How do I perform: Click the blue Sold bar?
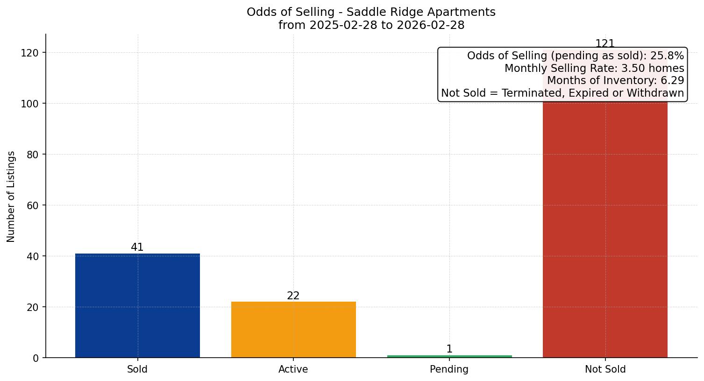pyautogui.click(x=137, y=306)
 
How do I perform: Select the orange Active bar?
pyautogui.click(x=293, y=330)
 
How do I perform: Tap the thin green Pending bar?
pyautogui.click(x=449, y=356)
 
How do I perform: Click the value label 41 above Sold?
pyautogui.click(x=137, y=247)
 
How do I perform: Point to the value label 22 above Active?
pyautogui.click(x=293, y=296)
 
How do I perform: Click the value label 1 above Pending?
pyautogui.click(x=449, y=349)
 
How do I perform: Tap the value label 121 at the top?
pyautogui.click(x=605, y=44)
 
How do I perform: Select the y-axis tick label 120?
pyautogui.click(x=29, y=53)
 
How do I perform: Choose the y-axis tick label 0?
pyautogui.click(x=36, y=358)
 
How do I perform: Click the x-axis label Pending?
pyautogui.click(x=449, y=369)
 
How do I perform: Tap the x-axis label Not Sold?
pyautogui.click(x=605, y=369)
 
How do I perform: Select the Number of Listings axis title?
pyautogui.click(x=11, y=196)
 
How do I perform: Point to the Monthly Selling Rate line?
pyautogui.click(x=594, y=69)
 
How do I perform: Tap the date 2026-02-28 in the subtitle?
pyautogui.click(x=430, y=25)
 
